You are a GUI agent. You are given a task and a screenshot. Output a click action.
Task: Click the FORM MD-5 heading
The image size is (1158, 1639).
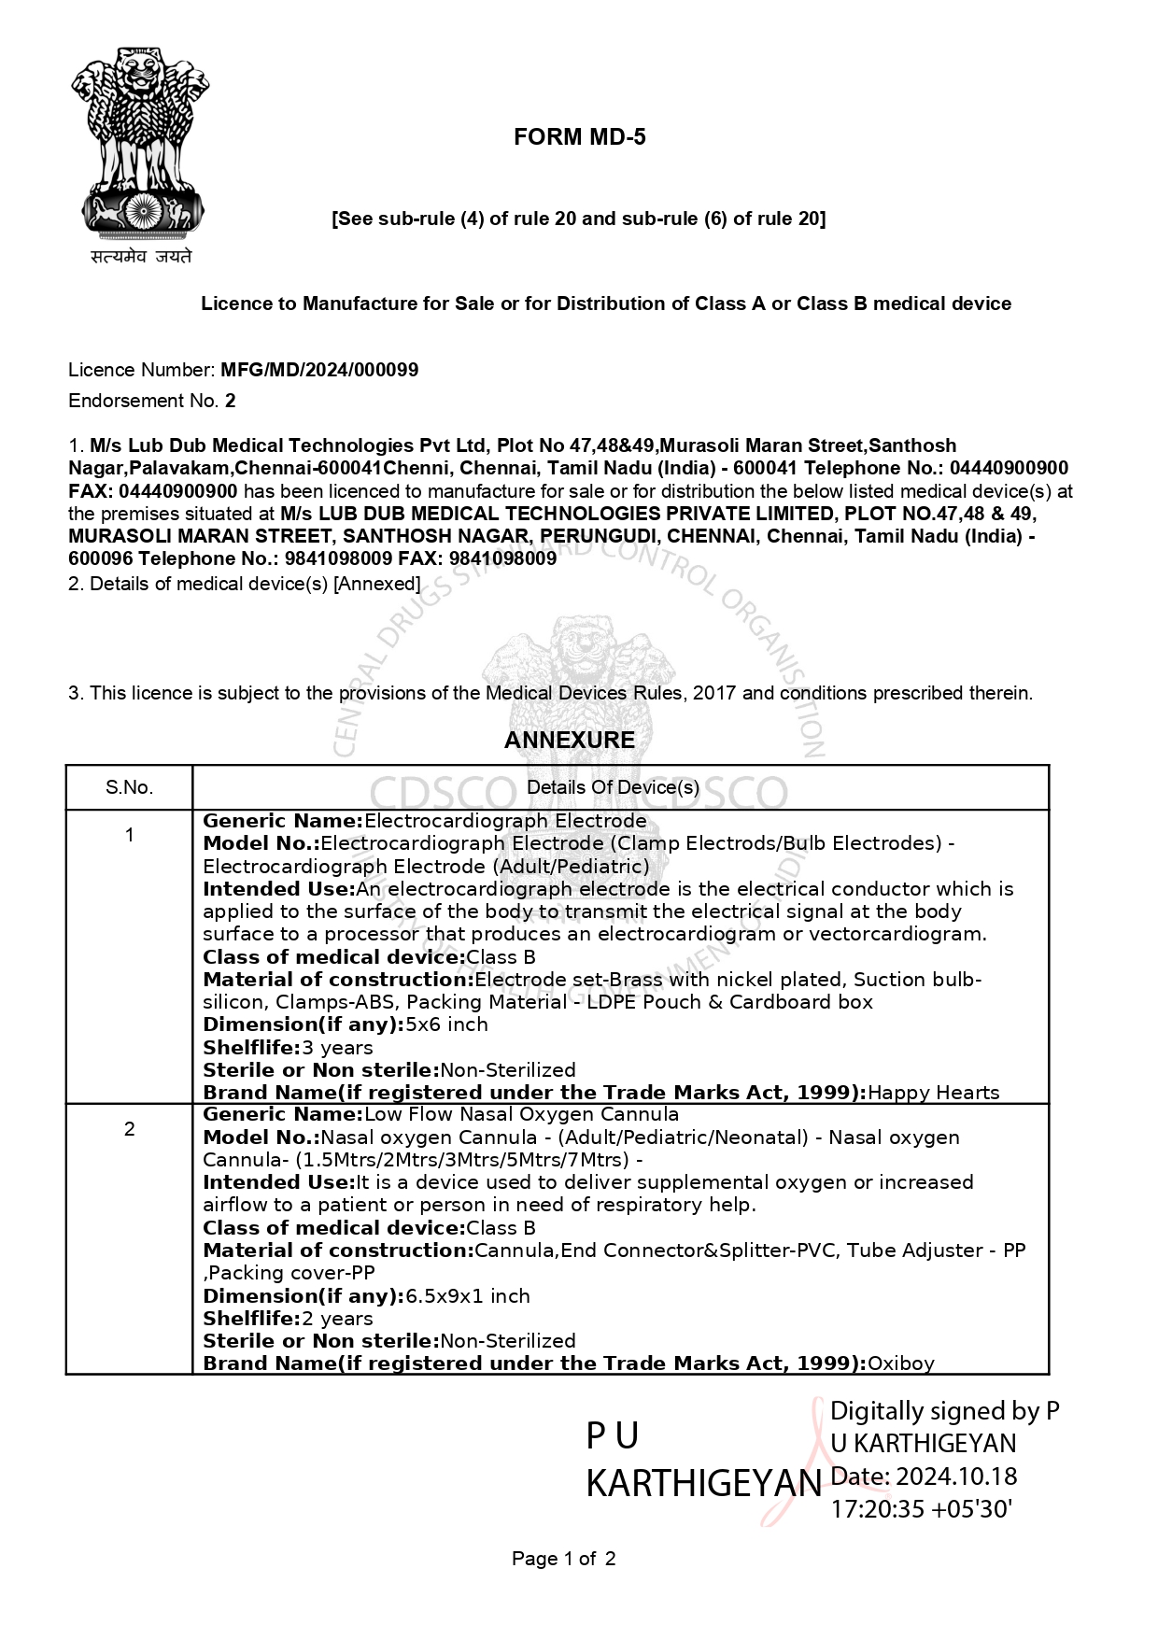pyautogui.click(x=579, y=137)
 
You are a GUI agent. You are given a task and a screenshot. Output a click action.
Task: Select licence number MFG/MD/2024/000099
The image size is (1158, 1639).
pyautogui.click(x=318, y=370)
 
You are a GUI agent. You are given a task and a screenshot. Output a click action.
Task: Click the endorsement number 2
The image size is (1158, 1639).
pyautogui.click(x=231, y=401)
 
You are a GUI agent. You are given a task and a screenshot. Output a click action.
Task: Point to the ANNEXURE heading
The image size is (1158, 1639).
pyautogui.click(x=569, y=740)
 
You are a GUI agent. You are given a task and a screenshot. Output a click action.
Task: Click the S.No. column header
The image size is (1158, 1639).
pyautogui.click(x=129, y=787)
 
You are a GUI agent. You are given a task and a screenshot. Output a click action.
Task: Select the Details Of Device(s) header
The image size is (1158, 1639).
pyautogui.click(x=613, y=787)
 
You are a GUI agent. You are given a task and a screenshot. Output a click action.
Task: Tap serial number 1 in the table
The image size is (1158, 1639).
pyautogui.click(x=129, y=835)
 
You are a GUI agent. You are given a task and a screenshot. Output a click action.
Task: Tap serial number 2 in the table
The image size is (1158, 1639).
pyautogui.click(x=129, y=1129)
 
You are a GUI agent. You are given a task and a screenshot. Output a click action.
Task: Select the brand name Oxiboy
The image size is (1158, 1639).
pyautogui.click(x=900, y=1363)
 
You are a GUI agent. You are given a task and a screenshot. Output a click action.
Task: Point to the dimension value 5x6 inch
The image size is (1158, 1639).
pyautogui.click(x=446, y=1024)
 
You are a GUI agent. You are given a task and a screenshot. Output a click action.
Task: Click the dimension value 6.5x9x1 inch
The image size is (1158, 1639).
pyautogui.click(x=467, y=1296)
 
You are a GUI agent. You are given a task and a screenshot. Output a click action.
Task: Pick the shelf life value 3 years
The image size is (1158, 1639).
pyautogui.click(x=337, y=1048)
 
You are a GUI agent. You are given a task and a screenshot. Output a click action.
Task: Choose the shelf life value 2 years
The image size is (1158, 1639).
pyautogui.click(x=337, y=1319)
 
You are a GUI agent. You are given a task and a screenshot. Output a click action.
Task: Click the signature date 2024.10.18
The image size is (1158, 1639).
pyautogui.click(x=956, y=1477)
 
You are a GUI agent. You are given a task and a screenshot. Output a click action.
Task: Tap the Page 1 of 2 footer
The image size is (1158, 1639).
pyautogui.click(x=563, y=1559)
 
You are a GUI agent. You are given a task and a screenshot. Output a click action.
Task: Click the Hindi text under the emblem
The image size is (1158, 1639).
pyautogui.click(x=141, y=256)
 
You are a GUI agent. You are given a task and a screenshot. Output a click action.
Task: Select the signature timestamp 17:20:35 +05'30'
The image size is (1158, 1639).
pyautogui.click(x=922, y=1509)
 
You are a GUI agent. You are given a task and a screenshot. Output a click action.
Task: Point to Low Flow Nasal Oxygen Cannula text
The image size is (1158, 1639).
pyautogui.click(x=521, y=1114)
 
